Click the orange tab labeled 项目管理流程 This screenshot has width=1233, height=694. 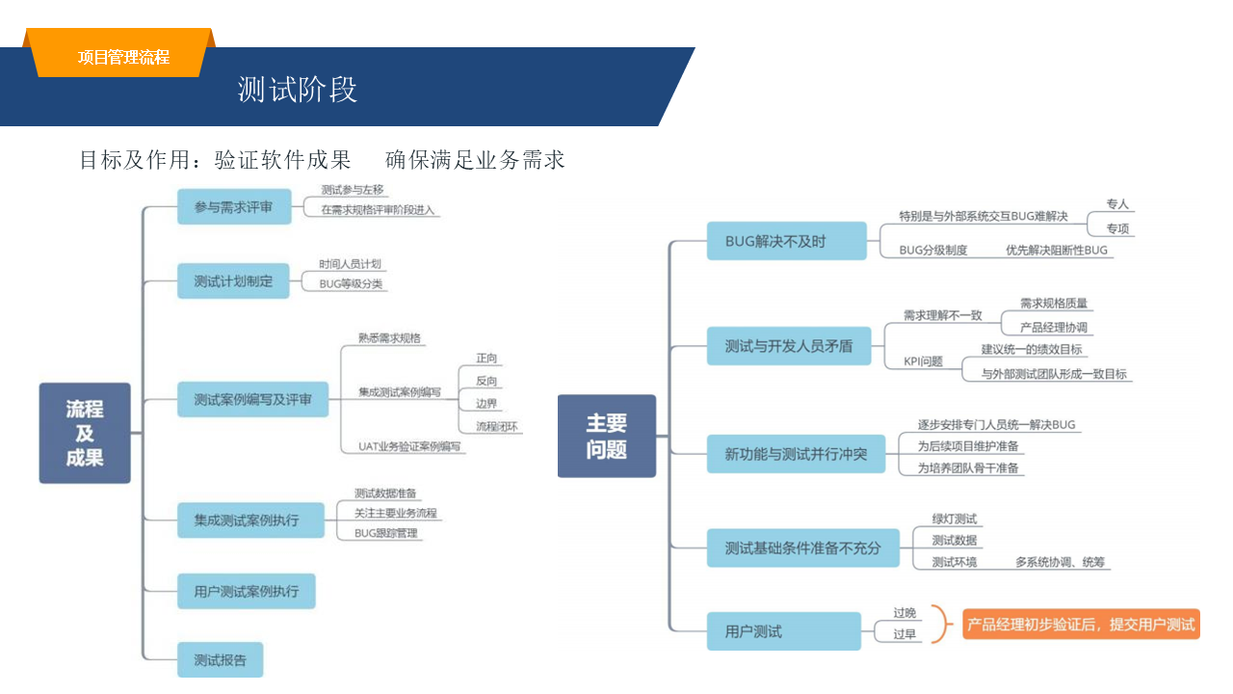tap(123, 57)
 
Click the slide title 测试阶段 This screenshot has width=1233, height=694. tap(298, 90)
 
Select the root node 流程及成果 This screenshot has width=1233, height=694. tap(85, 433)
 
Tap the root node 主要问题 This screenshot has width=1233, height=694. tap(607, 436)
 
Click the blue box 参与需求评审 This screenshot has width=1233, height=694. tap(234, 207)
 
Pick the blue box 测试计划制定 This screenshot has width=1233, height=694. tap(233, 281)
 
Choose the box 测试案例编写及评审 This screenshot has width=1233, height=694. tap(252, 399)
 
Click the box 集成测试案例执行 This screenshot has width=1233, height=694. tap(246, 520)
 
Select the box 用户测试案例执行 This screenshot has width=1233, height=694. tap(246, 591)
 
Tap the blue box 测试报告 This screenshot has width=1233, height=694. tap(220, 660)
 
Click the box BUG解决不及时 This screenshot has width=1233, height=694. tap(774, 241)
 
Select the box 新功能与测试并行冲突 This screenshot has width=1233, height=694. tap(796, 453)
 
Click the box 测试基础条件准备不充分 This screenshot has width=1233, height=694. tap(802, 547)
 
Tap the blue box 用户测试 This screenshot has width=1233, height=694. tap(783, 631)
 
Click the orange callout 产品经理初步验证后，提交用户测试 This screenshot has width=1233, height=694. tap(1080, 625)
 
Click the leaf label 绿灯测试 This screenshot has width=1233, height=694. tap(954, 520)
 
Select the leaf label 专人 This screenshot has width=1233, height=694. tap(1116, 204)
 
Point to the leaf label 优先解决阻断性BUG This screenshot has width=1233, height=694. tap(1057, 250)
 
